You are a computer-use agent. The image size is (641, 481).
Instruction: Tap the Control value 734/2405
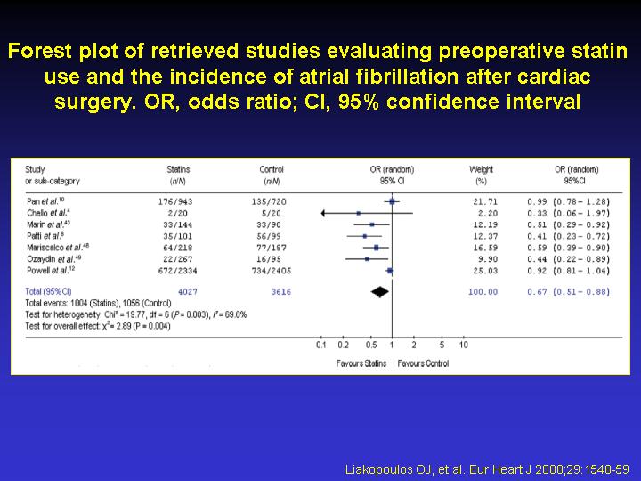(272, 270)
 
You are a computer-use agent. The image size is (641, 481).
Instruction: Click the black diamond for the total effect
(380, 291)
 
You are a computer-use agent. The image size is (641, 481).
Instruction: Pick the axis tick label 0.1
(321, 345)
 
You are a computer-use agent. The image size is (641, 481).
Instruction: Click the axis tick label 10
(464, 345)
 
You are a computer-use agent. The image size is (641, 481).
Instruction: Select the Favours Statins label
(361, 363)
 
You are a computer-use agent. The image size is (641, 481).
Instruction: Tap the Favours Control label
(423, 363)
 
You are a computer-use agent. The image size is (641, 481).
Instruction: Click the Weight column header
(482, 169)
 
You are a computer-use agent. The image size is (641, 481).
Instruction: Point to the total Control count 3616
(280, 291)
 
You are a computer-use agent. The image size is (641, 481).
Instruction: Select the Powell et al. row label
(46, 270)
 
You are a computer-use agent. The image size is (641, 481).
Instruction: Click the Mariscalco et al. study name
(56, 247)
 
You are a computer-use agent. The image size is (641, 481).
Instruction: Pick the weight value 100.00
(483, 291)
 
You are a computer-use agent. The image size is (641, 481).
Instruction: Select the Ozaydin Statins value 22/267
(178, 258)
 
